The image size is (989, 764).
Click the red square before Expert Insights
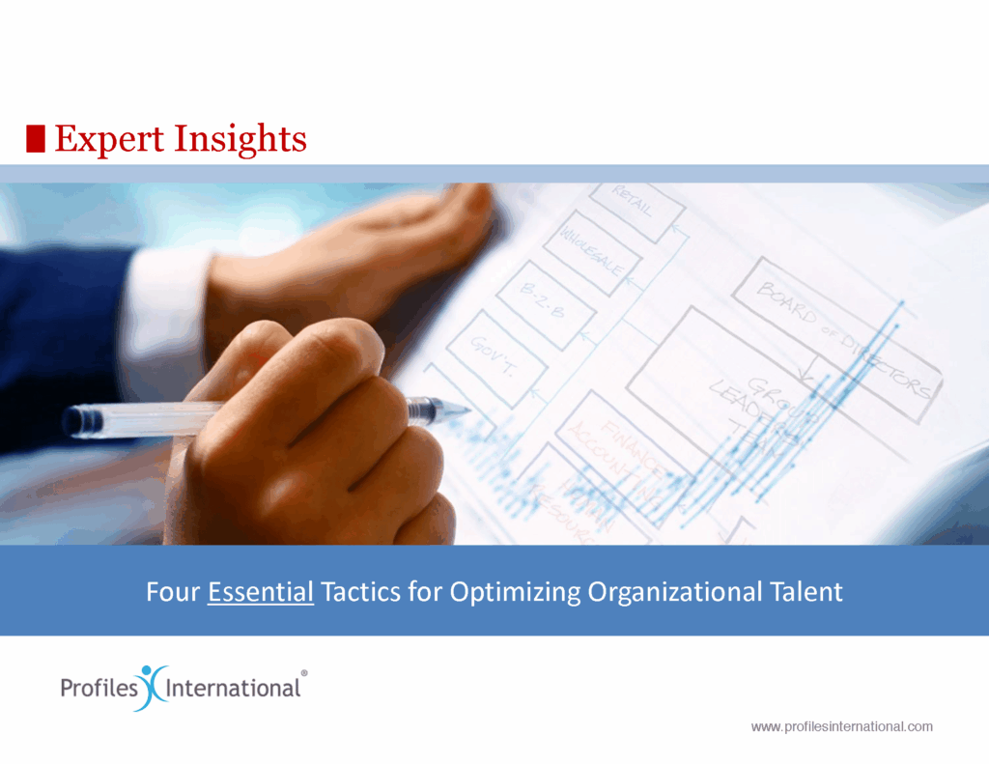pos(36,139)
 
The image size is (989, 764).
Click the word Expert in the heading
pos(109,139)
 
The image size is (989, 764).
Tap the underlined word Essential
pos(261,591)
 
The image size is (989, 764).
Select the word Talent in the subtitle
pos(808,591)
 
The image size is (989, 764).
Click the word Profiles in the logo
pos(97,689)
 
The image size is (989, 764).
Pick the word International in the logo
pos(235,689)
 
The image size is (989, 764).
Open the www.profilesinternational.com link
pos(841,726)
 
